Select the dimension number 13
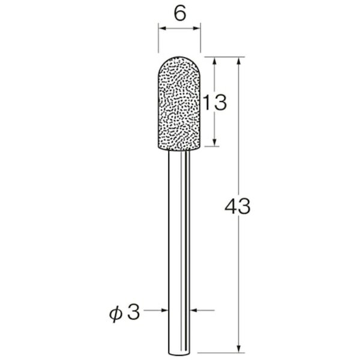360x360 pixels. [215, 103]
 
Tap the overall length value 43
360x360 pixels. [238, 206]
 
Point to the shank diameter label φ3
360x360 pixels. [124, 313]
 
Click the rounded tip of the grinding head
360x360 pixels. [179, 57]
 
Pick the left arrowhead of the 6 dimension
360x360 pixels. [163, 28]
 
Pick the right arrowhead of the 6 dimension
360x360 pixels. [197, 28]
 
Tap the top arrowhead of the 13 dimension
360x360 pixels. [214, 61]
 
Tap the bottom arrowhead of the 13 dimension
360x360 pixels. [214, 142]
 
